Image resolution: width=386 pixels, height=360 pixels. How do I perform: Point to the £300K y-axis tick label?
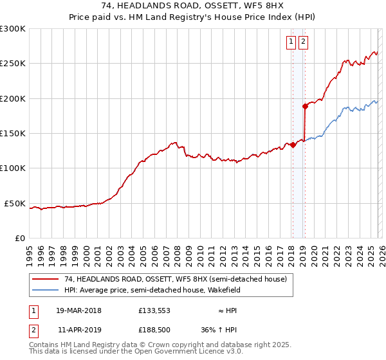point(13,29)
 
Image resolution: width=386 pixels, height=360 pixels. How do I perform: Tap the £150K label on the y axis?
point(13,133)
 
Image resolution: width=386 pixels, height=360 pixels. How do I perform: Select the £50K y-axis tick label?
point(15,203)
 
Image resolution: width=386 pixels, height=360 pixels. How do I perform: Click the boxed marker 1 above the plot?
point(291,42)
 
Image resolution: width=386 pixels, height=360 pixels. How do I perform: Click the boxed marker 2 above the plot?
point(303,42)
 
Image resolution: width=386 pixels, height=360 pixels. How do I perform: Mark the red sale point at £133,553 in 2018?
point(293,145)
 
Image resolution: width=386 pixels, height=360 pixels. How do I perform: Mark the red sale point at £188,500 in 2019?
point(305,106)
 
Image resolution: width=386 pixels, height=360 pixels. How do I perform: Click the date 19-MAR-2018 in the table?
point(78,310)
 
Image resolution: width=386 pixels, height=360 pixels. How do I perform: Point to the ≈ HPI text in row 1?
point(226,310)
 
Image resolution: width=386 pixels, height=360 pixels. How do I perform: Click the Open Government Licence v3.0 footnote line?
point(136,352)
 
